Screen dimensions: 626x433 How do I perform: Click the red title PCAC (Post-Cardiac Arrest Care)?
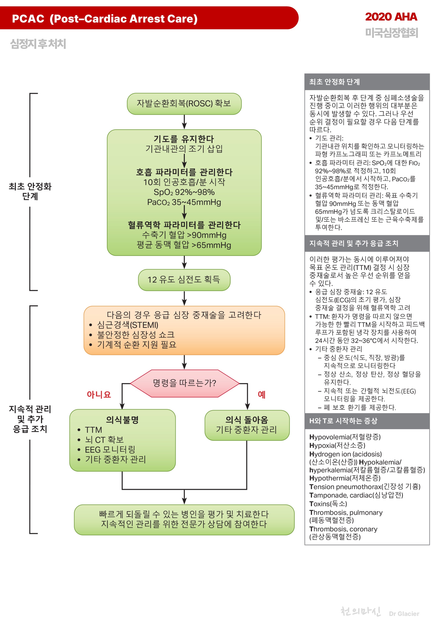[x=105, y=19]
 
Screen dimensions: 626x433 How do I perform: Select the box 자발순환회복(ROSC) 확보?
[x=184, y=104]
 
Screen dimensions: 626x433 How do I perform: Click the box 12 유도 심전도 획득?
[x=184, y=280]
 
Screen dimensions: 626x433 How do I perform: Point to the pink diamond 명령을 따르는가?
[x=185, y=383]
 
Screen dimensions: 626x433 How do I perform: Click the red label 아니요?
[x=99, y=394]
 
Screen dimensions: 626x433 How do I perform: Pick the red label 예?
[x=261, y=394]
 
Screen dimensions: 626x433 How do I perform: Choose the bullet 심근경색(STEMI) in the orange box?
[x=128, y=325]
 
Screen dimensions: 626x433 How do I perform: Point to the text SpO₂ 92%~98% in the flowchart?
[x=184, y=192]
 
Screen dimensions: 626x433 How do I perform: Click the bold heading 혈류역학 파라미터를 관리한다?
[x=184, y=225]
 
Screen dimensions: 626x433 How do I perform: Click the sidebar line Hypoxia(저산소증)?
[x=337, y=446]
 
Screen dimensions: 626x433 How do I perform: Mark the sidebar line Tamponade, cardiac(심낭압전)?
[x=356, y=495]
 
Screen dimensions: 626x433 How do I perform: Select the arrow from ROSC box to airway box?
[x=184, y=122]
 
